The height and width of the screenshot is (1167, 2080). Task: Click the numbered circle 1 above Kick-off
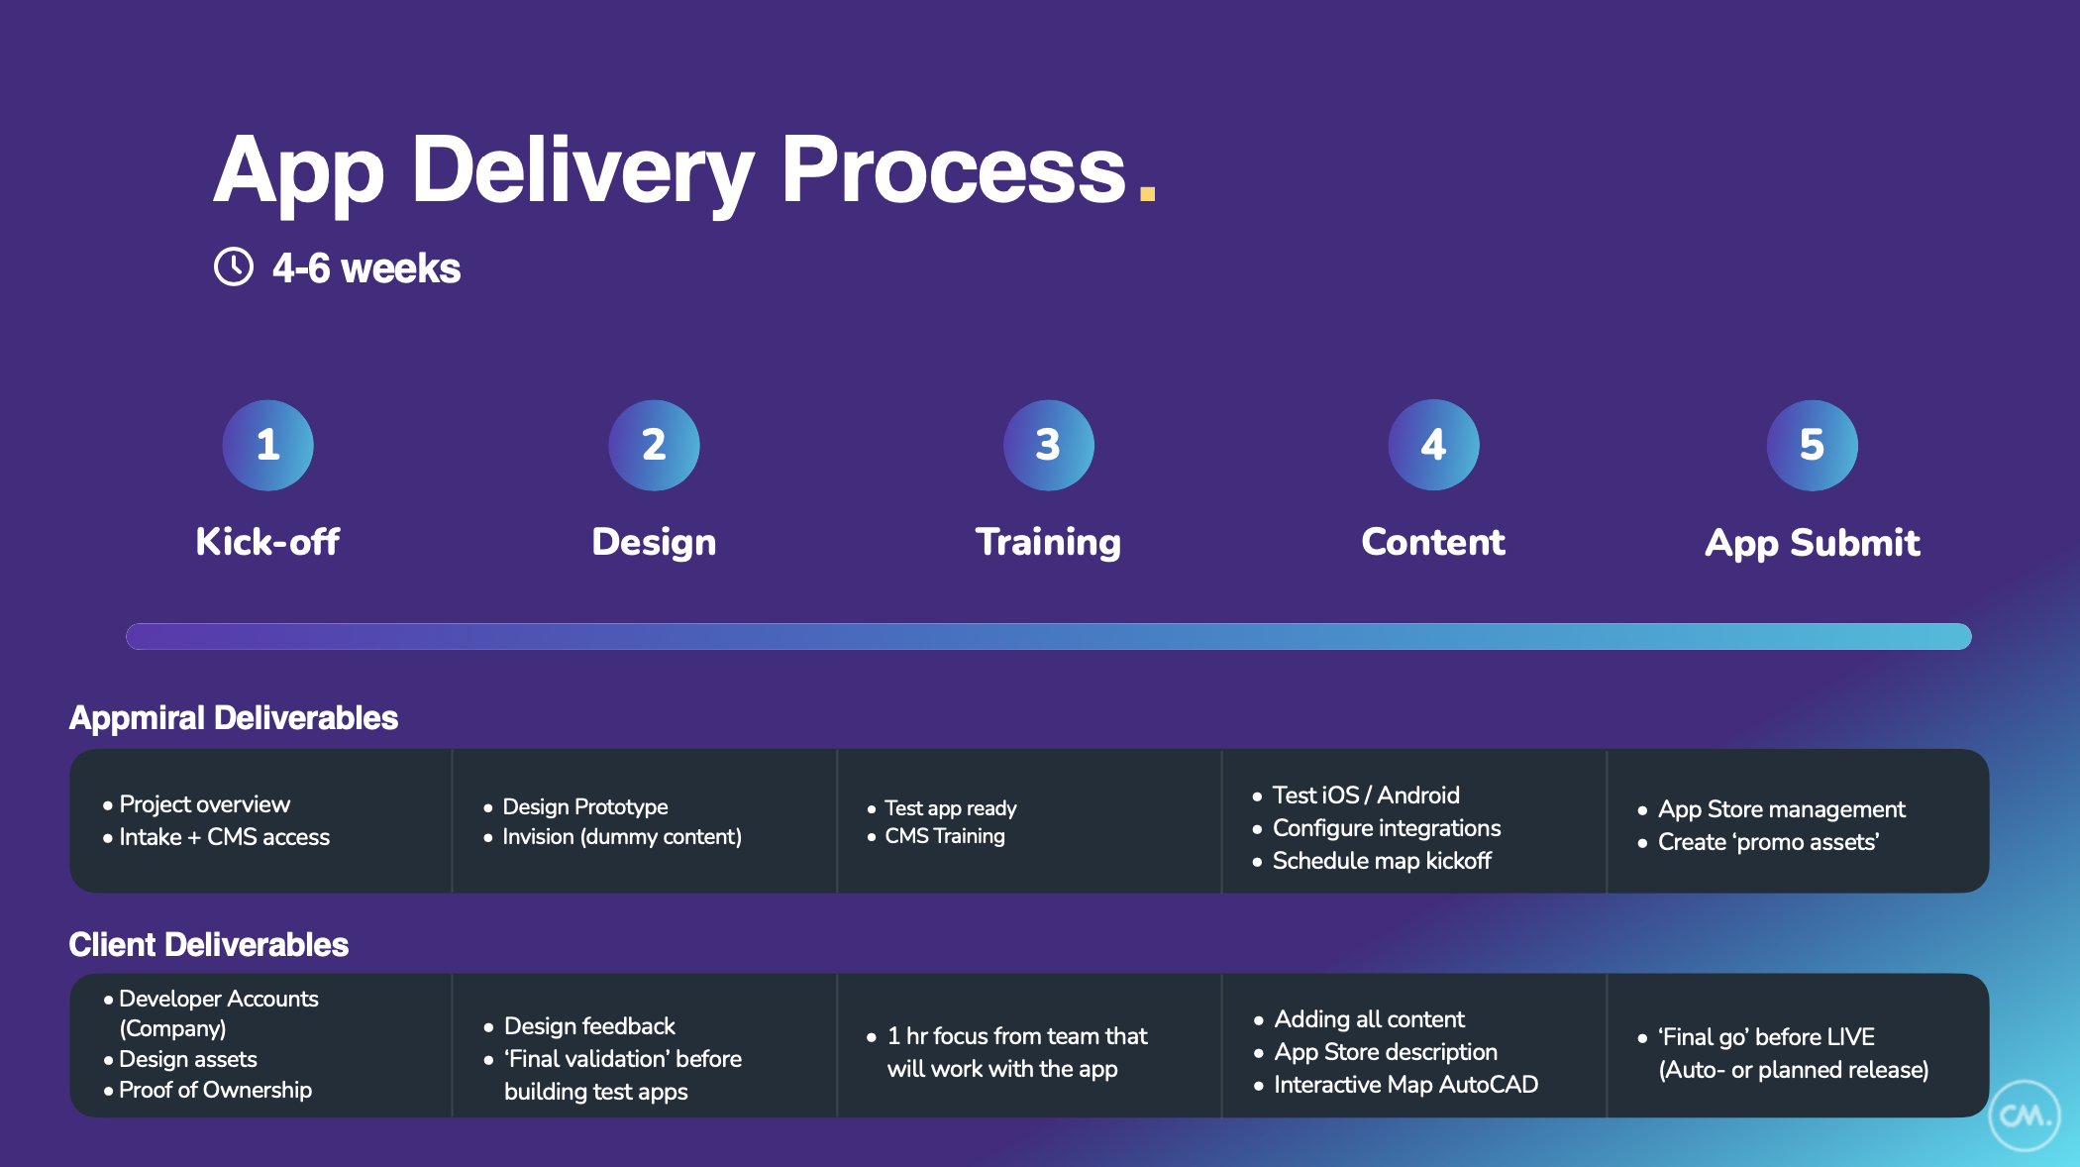click(267, 445)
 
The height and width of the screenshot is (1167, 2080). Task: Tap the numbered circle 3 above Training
click(1048, 445)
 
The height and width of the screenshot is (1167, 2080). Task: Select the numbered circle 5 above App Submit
click(1812, 445)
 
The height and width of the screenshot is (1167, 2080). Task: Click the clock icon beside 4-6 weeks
click(234, 266)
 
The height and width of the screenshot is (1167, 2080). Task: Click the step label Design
click(654, 542)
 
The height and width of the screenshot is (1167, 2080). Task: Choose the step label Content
click(1432, 542)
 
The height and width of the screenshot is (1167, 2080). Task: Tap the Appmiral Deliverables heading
click(234, 717)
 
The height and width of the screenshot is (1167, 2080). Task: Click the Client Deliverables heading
click(209, 944)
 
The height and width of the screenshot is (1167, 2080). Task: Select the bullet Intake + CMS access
click(224, 837)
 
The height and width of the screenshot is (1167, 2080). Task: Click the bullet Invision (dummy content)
click(621, 837)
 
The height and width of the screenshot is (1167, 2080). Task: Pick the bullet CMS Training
click(944, 836)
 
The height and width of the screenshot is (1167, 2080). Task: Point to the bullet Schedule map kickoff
click(1381, 861)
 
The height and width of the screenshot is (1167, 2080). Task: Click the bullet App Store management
click(1781, 809)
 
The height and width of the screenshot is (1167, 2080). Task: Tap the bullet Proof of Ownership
click(215, 1090)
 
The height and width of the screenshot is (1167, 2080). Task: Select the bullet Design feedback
click(589, 1026)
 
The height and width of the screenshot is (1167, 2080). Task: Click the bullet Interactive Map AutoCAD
click(1404, 1085)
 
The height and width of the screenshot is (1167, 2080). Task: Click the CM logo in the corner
click(2024, 1115)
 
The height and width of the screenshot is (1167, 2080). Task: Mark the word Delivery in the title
click(581, 170)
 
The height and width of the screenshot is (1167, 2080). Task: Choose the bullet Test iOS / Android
click(1365, 796)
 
